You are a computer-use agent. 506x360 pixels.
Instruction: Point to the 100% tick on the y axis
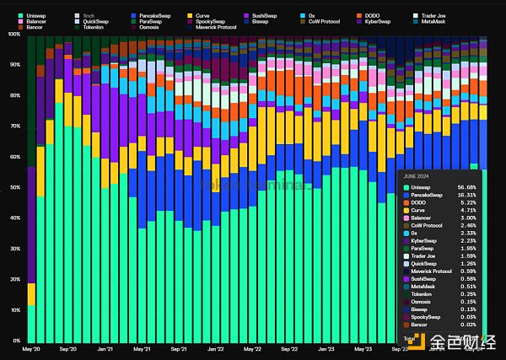13,35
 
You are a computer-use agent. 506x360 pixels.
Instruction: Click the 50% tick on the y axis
15,187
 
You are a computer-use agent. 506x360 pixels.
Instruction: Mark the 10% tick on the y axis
15,310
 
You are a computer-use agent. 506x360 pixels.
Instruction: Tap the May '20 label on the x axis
31,348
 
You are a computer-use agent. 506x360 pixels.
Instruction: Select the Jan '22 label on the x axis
215,348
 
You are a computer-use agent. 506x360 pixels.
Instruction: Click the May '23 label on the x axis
363,348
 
